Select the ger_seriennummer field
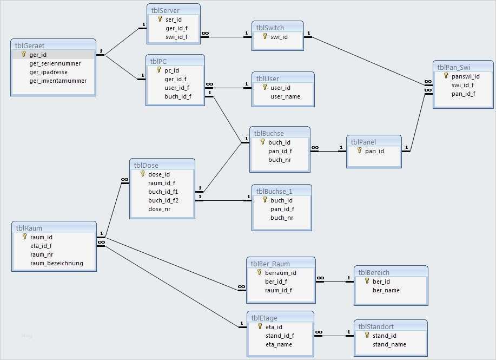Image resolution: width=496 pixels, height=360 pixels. tap(55, 63)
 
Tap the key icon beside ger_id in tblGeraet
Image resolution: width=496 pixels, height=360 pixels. tap(23, 55)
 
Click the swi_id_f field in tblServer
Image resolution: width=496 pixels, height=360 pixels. tap(177, 37)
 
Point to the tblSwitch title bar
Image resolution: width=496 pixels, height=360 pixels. tap(270, 28)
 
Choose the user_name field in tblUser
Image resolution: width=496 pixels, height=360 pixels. tap(285, 96)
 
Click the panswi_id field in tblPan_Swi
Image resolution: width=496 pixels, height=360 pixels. tap(465, 76)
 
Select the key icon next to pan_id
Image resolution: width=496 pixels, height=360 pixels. tap(359, 151)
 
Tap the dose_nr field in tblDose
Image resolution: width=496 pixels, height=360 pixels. tap(159, 209)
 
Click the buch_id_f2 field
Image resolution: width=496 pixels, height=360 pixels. tap(163, 200)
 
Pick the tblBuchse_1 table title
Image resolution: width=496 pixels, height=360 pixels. tap(274, 191)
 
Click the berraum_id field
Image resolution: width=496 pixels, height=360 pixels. tap(280, 273)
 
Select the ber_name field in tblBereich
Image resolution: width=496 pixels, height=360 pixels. tap(386, 290)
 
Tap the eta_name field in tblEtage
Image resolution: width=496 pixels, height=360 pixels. tap(279, 344)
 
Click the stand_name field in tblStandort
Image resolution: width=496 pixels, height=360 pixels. tap(389, 344)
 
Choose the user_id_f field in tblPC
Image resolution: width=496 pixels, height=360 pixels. tap(177, 88)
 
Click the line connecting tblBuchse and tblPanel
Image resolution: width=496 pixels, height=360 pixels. tap(328, 151)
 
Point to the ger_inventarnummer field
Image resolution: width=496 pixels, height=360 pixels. tap(58, 81)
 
